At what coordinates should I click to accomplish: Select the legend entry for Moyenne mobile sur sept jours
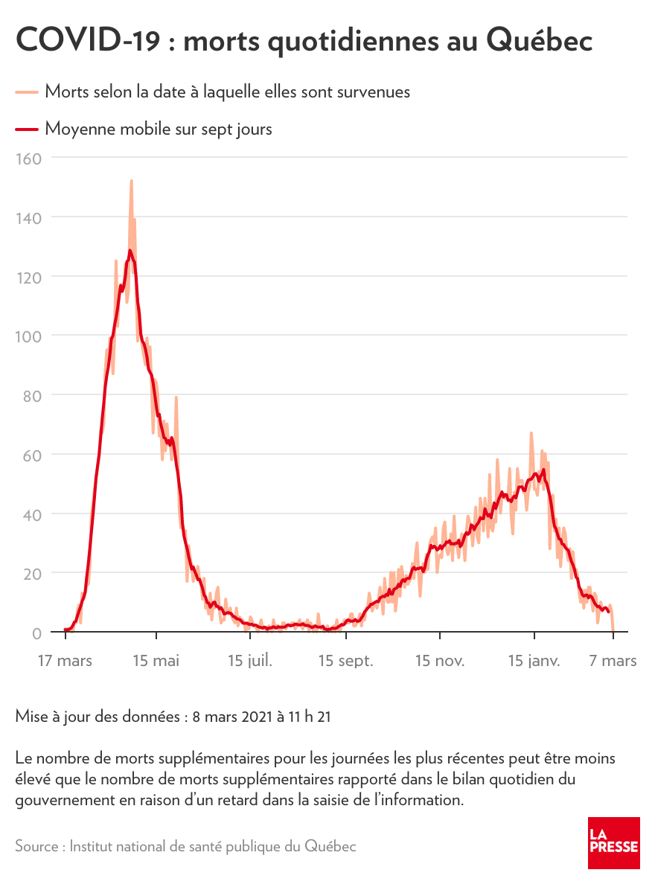coord(158,129)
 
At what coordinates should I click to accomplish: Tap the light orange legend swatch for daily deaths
coord(27,92)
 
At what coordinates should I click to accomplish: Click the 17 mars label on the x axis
coord(65,661)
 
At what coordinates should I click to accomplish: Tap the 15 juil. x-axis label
coord(250,661)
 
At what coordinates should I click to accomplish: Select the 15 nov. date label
coord(439,661)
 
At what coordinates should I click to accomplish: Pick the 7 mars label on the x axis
coord(613,661)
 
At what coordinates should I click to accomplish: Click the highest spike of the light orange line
coord(131,181)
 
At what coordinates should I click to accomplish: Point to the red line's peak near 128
coord(130,251)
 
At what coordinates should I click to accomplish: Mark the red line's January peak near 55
coord(544,470)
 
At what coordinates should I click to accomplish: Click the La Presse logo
coord(613,842)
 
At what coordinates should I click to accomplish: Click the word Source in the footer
coord(38,847)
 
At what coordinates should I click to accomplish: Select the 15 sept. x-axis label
coord(345,661)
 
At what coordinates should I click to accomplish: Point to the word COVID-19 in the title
coord(87,41)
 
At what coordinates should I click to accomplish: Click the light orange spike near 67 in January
coord(531,433)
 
